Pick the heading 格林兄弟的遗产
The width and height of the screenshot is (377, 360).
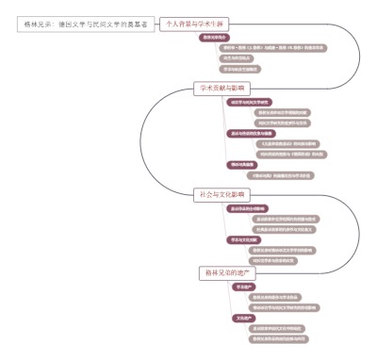pos(229,272)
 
